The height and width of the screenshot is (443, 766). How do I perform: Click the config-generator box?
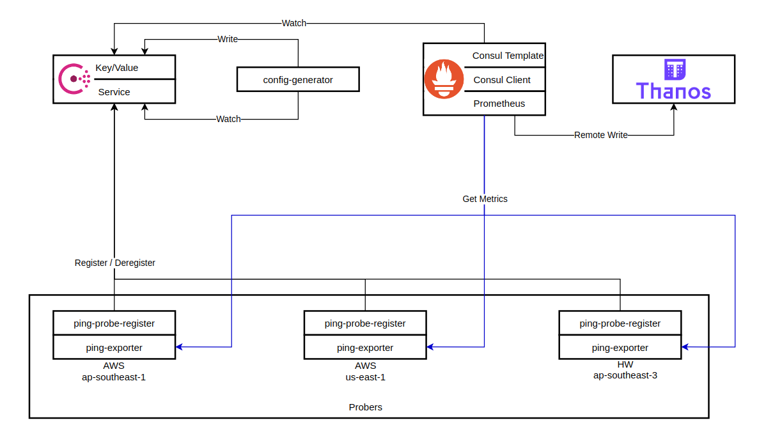(298, 80)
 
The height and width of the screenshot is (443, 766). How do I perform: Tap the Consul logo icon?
(74, 79)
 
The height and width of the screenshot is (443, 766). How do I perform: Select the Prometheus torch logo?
(443, 79)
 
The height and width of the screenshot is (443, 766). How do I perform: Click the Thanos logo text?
(673, 91)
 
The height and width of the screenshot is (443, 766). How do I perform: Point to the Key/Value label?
(117, 68)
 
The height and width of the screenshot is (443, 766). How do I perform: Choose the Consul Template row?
(508, 56)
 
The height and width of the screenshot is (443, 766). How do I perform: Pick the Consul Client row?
(502, 80)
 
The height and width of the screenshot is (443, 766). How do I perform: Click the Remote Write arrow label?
(600, 135)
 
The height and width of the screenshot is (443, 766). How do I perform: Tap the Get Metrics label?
(485, 199)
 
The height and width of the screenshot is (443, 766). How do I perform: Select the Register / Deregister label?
(115, 263)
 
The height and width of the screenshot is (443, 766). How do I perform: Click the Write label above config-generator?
(228, 39)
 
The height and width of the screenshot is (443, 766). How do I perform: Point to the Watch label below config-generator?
(228, 119)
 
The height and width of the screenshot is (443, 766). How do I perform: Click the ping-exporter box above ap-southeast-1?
(114, 348)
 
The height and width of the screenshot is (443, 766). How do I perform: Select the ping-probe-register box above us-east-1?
(365, 323)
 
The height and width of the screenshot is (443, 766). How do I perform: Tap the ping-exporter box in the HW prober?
(620, 348)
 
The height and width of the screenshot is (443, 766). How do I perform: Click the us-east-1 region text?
(365, 377)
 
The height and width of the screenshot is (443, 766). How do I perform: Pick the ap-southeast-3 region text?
(625, 375)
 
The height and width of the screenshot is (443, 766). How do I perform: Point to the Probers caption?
(366, 407)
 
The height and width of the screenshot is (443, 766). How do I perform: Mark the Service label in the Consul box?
(114, 92)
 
